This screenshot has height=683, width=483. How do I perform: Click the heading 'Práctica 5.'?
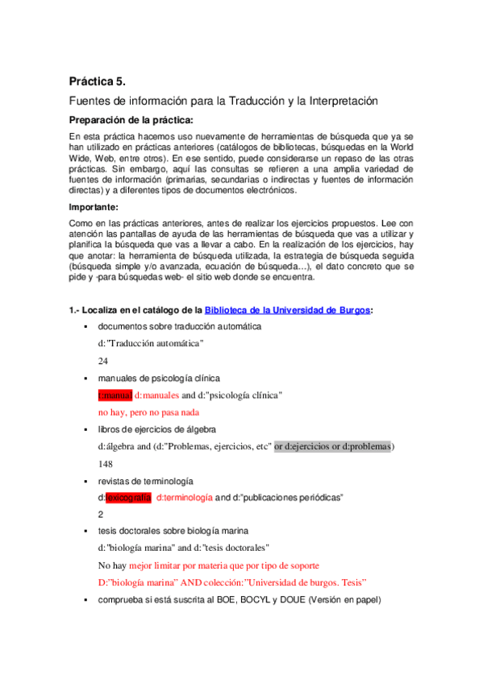coord(98,81)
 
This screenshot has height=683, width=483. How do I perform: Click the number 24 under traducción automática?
coord(103,361)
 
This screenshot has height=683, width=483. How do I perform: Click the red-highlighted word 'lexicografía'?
coord(128,498)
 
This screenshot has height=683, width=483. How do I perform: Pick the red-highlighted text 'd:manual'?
coord(115,395)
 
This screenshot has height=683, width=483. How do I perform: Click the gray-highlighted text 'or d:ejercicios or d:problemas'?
coord(332,446)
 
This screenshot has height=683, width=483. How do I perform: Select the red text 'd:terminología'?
coord(184,498)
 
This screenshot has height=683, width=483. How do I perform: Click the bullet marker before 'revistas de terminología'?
coord(85,481)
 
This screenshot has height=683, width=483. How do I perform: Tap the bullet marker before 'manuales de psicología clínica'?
coord(85,378)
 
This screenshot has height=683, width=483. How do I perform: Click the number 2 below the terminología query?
coord(101,514)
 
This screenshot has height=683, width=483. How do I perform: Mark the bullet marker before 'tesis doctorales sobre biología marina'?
coord(85,532)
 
